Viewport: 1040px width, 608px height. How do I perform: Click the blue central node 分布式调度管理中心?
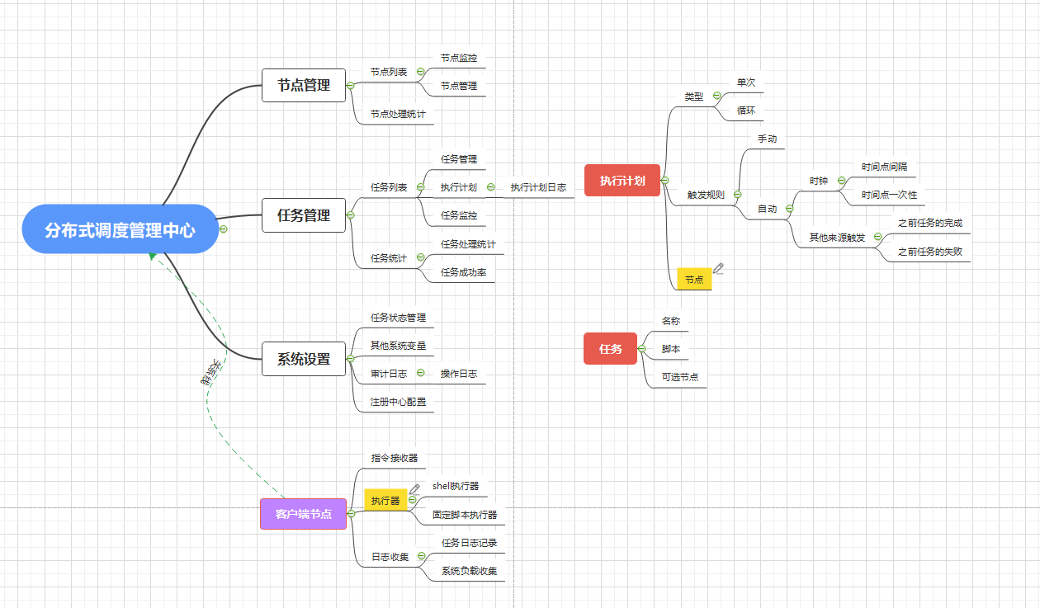pos(121,229)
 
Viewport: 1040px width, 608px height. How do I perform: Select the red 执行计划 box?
pos(622,181)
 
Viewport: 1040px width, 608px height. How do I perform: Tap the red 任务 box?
pos(611,348)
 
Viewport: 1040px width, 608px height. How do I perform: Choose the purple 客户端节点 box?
pos(304,514)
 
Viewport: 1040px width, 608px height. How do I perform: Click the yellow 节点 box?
pos(694,280)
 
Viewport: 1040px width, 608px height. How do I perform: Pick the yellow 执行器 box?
pos(385,500)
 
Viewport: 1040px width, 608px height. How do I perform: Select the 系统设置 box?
pos(304,359)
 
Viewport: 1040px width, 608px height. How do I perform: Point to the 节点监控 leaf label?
pos(458,59)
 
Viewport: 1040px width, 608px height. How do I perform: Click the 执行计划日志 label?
pos(538,187)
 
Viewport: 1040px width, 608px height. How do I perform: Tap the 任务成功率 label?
pos(462,272)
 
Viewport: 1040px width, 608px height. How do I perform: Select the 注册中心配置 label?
pos(399,402)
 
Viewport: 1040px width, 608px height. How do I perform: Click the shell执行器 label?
pos(456,486)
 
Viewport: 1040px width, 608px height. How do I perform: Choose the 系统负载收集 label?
pos(469,571)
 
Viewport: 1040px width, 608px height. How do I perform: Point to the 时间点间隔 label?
pos(884,167)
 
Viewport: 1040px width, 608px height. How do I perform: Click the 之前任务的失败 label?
pos(929,252)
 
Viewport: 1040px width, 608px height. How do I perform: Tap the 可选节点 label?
pos(680,377)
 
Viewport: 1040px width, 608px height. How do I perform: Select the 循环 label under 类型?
pos(746,111)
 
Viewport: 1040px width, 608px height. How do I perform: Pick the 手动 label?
pos(767,139)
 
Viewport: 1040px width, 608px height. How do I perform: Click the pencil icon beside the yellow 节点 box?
pos(718,268)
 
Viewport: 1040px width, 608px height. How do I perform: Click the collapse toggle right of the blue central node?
pos(224,229)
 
